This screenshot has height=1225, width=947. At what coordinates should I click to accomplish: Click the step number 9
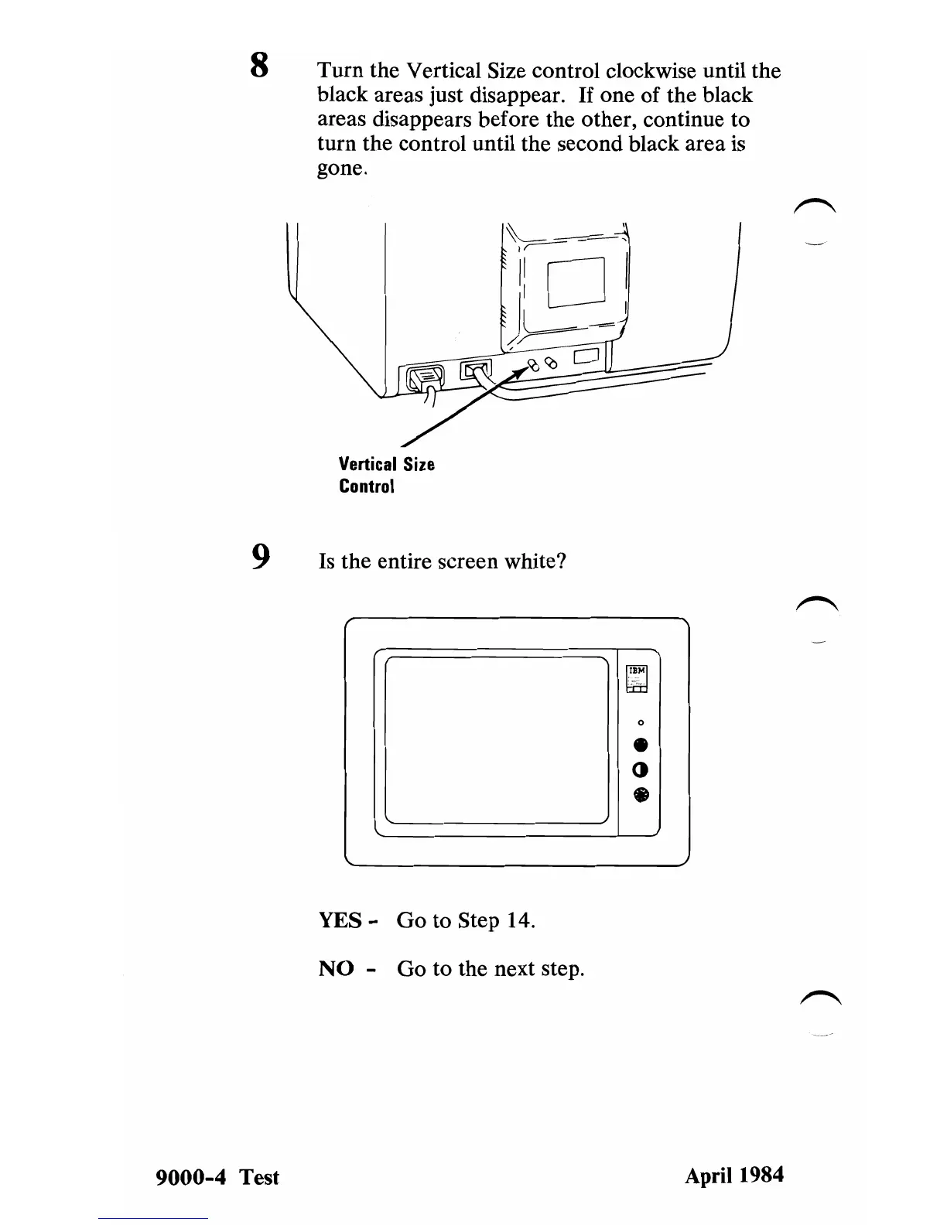(261, 556)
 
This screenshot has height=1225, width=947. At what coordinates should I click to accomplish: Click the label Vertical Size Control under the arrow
(386, 475)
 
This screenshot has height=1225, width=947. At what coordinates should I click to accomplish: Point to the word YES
(340, 920)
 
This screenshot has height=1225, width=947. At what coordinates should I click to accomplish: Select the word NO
(337, 968)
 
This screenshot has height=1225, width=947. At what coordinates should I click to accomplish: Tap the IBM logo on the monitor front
(638, 671)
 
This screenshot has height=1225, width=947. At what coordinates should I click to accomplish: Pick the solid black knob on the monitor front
(639, 746)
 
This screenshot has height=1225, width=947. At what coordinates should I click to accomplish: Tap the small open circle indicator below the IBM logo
(639, 722)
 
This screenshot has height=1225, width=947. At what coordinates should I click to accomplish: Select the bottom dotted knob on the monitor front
(639, 794)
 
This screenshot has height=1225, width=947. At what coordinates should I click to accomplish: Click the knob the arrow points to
(533, 365)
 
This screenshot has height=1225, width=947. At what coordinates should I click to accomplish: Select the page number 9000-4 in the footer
(193, 1177)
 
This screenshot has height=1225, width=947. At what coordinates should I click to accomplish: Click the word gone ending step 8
(339, 169)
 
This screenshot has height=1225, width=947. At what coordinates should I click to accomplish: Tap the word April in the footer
(707, 1176)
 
